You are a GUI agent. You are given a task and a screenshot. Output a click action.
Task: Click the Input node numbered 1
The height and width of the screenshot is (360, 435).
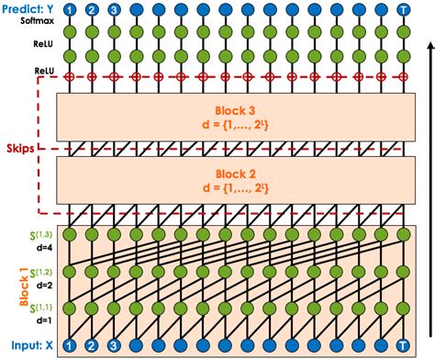pos(70,345)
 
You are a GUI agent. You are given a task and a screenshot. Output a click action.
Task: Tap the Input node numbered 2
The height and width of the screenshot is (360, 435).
pos(92,345)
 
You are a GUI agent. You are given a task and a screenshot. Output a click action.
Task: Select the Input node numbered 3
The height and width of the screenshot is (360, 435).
pos(114,345)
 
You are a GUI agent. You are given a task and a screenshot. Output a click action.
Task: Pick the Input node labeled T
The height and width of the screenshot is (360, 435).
pos(403,345)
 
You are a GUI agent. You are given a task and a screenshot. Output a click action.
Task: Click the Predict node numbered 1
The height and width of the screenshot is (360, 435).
pos(70,10)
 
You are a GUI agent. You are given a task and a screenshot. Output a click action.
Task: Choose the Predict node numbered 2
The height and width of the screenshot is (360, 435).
pos(92,10)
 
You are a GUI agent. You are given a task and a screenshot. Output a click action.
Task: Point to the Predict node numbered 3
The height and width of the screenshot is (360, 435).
pos(114,10)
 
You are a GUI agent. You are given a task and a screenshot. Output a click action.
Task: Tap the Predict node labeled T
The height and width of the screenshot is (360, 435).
pos(403,10)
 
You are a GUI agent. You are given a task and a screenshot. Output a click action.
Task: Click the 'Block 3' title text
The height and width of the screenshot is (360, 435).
pos(235,110)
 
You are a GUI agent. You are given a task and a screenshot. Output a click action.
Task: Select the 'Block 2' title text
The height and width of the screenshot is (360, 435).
pos(236,174)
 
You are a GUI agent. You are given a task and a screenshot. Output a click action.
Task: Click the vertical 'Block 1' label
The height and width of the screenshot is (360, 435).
pos(24,287)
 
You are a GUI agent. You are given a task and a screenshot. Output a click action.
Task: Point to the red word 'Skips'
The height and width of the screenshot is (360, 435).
pos(20,149)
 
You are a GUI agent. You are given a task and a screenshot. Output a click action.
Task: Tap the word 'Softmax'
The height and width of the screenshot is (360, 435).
pos(38,21)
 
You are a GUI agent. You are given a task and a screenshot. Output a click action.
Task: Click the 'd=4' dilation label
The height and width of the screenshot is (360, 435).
pos(44,248)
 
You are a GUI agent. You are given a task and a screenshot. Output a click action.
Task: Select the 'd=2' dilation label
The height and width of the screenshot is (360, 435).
pos(44,286)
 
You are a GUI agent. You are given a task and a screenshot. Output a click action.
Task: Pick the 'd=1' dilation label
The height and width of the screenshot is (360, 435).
pos(44,321)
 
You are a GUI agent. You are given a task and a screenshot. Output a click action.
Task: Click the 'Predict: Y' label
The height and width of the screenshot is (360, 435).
pos(28,9)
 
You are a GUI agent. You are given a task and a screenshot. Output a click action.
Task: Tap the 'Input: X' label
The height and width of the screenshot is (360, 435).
pos(32,345)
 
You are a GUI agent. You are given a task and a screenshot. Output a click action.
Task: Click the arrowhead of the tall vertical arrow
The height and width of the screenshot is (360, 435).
pos(430,46)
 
